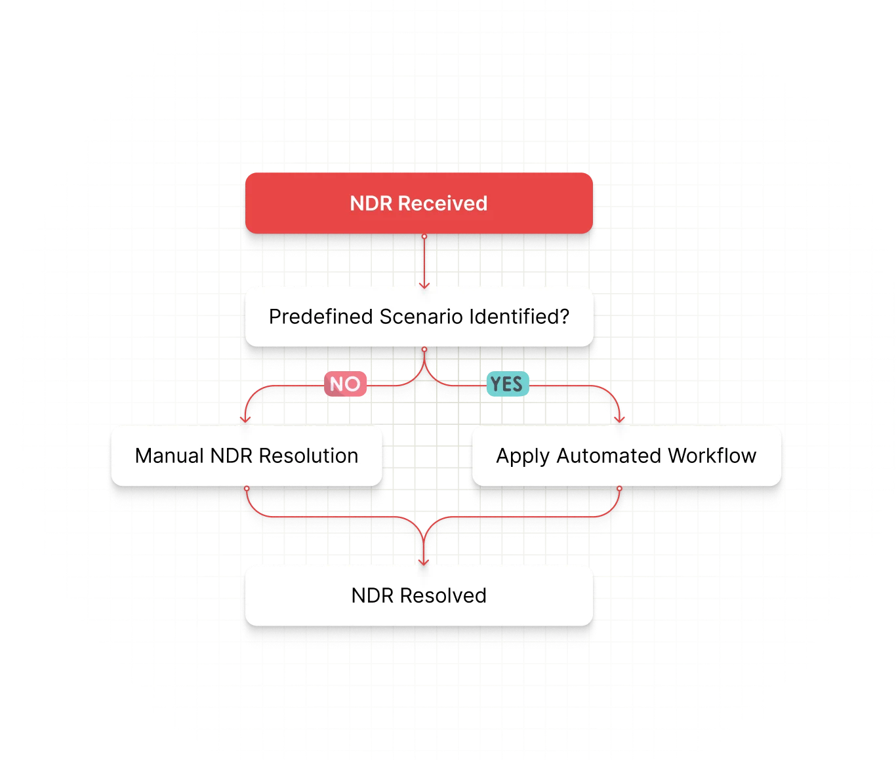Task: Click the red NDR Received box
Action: [x=418, y=203]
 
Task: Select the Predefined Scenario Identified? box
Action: [x=418, y=317]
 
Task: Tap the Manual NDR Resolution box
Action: [x=246, y=456]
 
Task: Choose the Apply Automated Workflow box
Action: [x=626, y=456]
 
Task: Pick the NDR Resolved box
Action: [x=418, y=595]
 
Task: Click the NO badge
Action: [x=345, y=384]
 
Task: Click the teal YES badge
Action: [x=507, y=384]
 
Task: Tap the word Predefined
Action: [x=321, y=317]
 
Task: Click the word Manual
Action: [x=169, y=456]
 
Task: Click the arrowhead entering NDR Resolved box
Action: [x=424, y=560]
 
